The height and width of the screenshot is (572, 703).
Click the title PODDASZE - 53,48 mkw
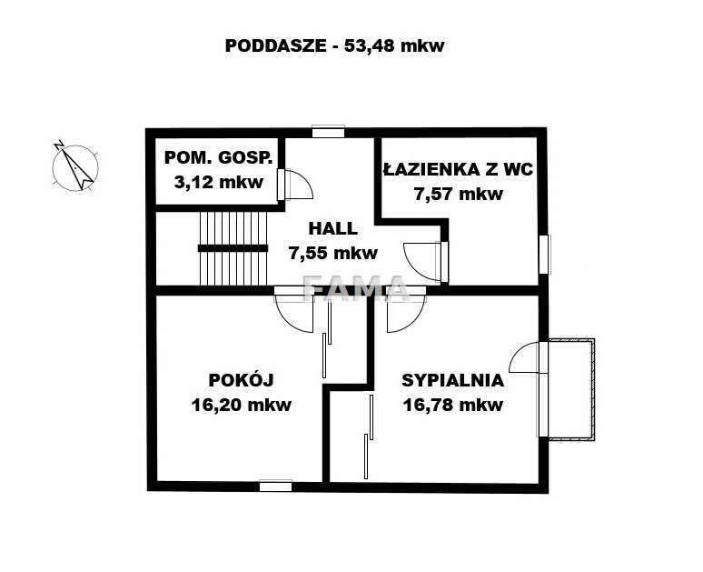[334, 45]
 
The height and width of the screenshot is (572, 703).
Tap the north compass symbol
[74, 167]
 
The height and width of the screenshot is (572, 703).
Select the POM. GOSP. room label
[218, 157]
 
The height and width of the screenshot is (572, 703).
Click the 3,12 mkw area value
[218, 182]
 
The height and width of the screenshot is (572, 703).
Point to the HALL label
[333, 228]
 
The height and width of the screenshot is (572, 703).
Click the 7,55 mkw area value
[333, 253]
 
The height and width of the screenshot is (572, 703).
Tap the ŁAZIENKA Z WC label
[458, 169]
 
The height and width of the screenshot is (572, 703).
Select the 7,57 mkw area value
[458, 195]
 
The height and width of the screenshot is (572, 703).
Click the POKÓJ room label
[242, 380]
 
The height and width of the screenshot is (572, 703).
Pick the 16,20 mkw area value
[242, 405]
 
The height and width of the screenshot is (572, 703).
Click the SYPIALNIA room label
[453, 380]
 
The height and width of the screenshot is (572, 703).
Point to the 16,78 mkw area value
[453, 405]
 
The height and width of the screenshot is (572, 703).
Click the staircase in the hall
[233, 248]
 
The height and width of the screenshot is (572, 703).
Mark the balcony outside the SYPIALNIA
[570, 389]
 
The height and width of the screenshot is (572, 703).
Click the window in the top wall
[328, 131]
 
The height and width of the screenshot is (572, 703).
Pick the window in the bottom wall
[276, 486]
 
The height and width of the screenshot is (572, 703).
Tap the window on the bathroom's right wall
[544, 254]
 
